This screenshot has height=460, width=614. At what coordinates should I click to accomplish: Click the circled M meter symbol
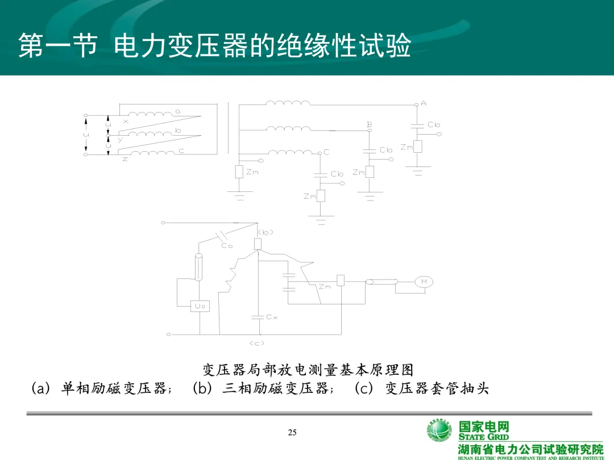424,282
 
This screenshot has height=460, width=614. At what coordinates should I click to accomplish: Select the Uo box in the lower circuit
200,306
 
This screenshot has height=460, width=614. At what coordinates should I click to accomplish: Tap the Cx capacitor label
272,317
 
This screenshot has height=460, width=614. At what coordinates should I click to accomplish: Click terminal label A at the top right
424,103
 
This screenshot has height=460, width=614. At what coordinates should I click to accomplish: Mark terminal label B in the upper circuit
370,124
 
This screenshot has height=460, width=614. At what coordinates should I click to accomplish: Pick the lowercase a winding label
178,112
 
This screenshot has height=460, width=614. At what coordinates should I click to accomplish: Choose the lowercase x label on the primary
126,121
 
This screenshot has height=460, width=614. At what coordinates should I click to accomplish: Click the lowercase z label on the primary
125,160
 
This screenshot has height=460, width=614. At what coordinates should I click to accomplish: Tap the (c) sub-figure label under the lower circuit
257,343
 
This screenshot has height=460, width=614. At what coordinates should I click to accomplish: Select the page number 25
292,433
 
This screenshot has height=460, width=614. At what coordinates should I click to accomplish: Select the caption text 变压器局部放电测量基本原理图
308,370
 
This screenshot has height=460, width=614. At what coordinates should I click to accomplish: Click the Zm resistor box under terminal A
418,147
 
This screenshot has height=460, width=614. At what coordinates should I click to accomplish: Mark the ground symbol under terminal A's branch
418,170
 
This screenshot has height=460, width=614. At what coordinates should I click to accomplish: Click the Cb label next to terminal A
434,125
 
